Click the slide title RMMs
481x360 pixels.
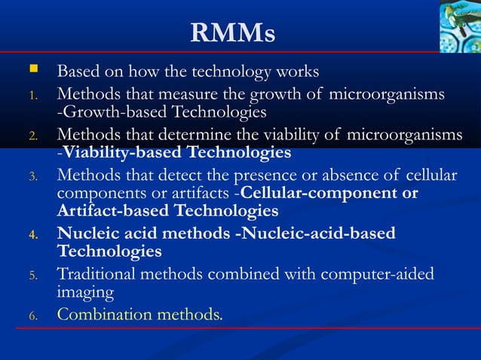tap(233, 32)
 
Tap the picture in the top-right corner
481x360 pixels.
tap(459, 26)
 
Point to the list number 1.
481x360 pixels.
tap(33, 96)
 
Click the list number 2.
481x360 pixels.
tap(33, 136)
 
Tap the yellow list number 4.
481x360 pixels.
tap(33, 234)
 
